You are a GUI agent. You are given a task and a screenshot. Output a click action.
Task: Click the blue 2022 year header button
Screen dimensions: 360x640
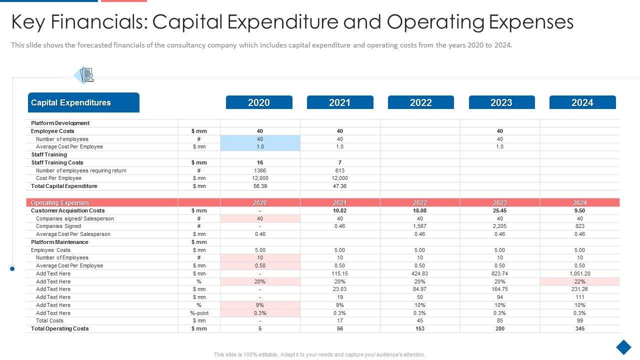(420, 102)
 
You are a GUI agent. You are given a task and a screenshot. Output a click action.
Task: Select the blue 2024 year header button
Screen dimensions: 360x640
(582, 102)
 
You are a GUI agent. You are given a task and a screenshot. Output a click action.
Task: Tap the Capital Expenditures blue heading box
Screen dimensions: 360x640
(83, 102)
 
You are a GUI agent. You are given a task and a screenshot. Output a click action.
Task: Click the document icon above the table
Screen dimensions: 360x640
(86, 75)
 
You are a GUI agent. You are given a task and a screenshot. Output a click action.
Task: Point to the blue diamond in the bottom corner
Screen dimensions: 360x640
(623, 347)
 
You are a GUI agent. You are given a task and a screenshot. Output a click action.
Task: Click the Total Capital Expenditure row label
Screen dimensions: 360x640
(64, 186)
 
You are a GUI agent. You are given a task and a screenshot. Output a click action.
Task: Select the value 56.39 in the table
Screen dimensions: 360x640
(260, 186)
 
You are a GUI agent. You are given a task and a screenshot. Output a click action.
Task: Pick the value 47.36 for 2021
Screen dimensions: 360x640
(339, 186)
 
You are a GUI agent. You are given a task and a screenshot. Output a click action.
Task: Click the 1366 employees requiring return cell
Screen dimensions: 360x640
(260, 170)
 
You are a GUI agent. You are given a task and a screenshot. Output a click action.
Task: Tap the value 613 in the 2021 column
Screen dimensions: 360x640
(339, 170)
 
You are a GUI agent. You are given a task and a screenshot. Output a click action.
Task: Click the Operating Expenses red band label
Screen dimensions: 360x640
(60, 203)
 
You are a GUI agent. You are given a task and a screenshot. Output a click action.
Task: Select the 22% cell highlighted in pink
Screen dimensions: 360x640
(579, 281)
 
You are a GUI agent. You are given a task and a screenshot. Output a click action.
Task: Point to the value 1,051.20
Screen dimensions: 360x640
(579, 273)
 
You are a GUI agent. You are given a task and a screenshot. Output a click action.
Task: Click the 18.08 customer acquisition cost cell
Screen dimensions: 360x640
(419, 210)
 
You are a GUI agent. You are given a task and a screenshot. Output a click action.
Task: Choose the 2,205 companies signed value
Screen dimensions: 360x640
(499, 226)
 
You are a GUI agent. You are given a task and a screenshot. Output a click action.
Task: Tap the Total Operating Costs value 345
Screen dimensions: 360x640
(579, 328)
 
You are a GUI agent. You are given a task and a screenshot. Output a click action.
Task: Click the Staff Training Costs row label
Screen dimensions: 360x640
(57, 162)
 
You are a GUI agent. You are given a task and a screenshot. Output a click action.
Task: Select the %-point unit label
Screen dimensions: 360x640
(199, 313)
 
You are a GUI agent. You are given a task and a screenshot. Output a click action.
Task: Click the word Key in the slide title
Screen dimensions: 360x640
(29, 22)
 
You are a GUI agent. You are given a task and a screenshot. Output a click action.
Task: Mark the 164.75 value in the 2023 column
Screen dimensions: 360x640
(499, 289)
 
